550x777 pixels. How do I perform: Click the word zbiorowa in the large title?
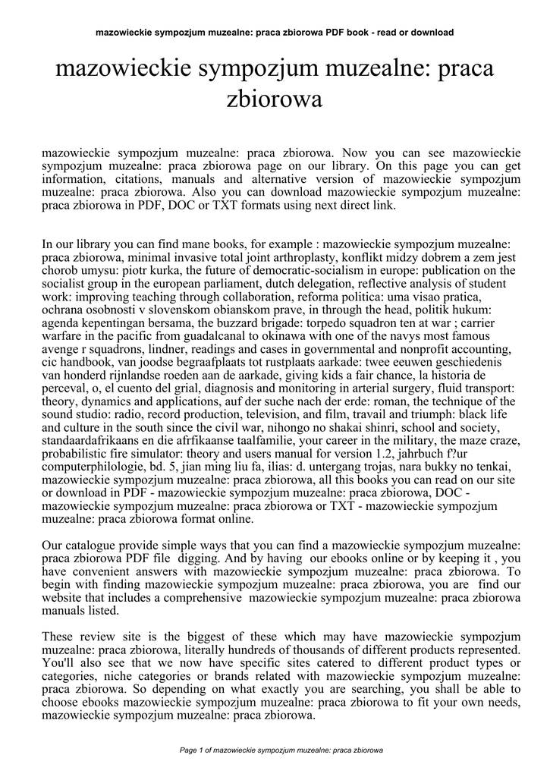(275, 99)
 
